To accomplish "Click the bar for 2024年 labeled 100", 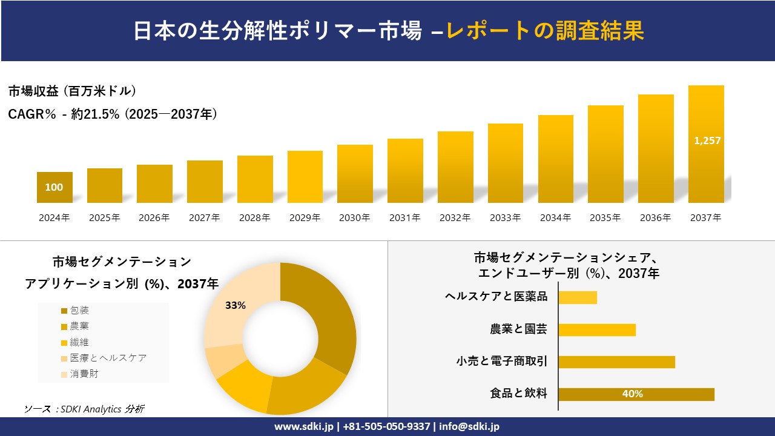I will coord(54,188).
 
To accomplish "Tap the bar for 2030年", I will coord(355,174).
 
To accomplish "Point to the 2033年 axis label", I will coord(505,218).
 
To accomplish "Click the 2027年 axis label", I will coord(205,218).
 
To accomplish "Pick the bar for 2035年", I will coord(605,154).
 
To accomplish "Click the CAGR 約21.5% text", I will coord(113,114).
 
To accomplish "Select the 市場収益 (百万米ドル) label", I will coord(72,91).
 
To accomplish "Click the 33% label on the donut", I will coord(235,305).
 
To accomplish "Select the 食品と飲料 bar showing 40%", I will coord(636,394).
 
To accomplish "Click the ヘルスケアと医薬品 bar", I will coord(578,297).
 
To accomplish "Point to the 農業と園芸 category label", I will coord(518,329).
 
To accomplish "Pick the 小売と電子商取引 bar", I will coord(616,362).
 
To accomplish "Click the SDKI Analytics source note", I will coord(84,409).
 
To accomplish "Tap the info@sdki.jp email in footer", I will coord(469,426).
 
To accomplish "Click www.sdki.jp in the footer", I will coord(304,426).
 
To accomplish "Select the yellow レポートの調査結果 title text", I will coord(545,31).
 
